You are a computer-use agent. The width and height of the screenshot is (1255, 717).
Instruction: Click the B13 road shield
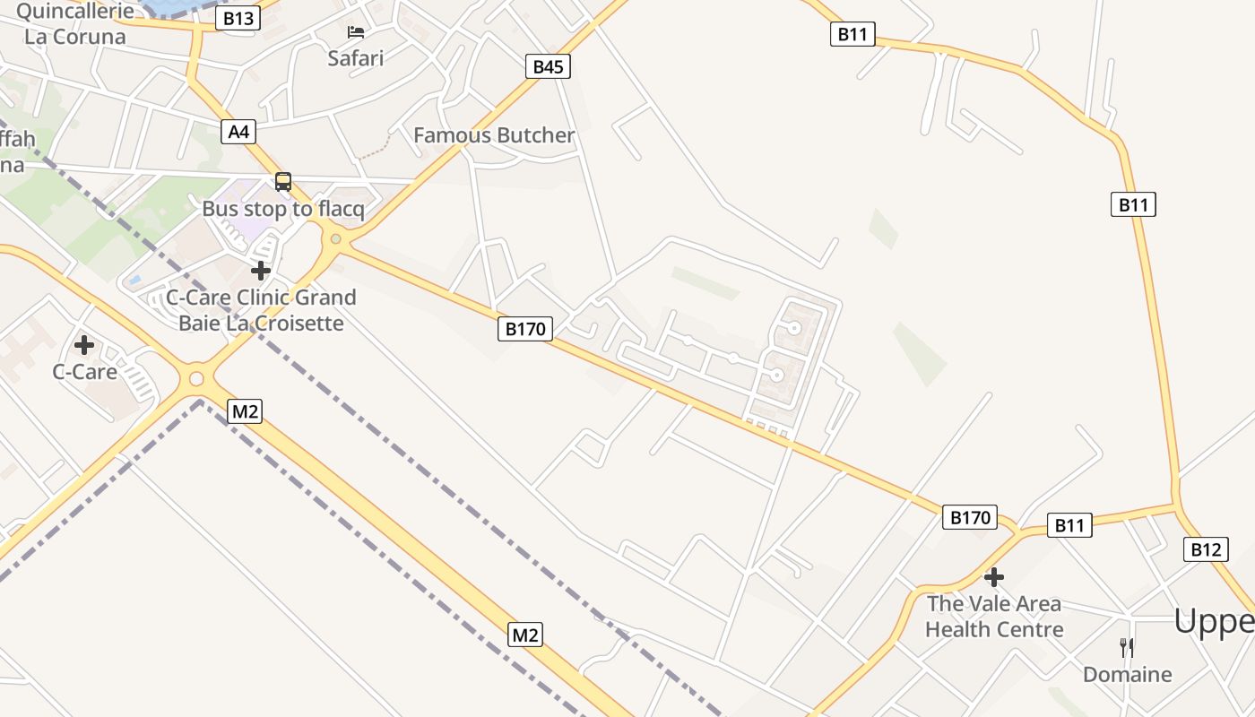click(238, 18)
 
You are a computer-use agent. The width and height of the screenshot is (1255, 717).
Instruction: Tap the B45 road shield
click(548, 66)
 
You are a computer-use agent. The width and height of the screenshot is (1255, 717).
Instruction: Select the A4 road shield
click(238, 132)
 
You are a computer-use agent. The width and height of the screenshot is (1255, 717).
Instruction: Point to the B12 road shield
click(1205, 549)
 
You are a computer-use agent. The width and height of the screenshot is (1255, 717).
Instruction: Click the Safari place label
click(355, 58)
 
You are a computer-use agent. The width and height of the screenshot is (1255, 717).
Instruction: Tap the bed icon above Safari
click(356, 33)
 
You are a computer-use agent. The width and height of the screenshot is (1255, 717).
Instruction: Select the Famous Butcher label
click(494, 135)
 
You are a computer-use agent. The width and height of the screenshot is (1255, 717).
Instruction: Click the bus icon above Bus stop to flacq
click(283, 182)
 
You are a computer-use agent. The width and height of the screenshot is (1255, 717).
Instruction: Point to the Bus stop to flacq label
click(283, 209)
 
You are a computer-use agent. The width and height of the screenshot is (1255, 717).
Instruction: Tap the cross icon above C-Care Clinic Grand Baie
click(261, 270)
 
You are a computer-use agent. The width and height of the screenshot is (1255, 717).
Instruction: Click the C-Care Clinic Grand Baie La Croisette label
click(261, 310)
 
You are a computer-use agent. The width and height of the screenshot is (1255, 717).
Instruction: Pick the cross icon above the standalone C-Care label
click(84, 344)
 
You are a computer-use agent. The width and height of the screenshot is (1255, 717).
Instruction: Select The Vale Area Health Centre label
click(994, 617)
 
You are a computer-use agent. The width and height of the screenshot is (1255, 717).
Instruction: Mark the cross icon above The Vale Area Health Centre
click(994, 577)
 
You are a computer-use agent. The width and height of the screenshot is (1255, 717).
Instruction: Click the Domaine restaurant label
click(1127, 674)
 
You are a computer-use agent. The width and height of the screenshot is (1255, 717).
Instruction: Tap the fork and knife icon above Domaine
click(1127, 647)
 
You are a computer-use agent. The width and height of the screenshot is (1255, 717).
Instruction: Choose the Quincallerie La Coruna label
click(75, 24)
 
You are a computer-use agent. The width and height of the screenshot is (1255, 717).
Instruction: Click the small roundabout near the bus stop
click(335, 239)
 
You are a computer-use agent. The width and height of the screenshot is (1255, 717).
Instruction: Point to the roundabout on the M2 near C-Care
click(196, 380)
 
